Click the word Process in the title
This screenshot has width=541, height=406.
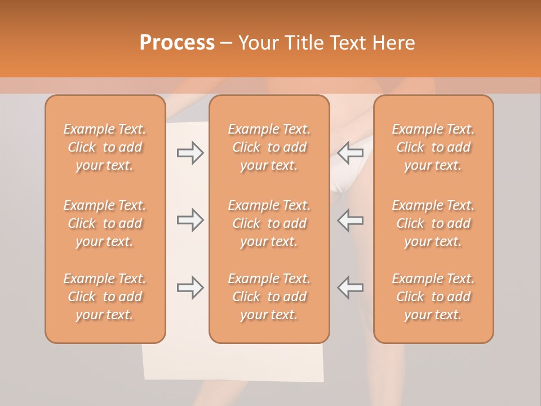pos(177,43)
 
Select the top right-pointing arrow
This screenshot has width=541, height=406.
pos(190,153)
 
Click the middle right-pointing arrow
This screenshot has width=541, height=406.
pos(190,220)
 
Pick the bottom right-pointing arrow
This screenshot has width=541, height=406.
pos(190,288)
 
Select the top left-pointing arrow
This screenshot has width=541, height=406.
pos(350,153)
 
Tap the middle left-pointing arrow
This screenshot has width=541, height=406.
pos(350,220)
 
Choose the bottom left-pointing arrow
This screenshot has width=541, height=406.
pos(350,288)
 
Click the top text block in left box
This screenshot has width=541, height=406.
pos(105,147)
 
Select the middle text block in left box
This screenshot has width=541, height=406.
pos(105,223)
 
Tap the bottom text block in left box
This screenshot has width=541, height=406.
pos(105,297)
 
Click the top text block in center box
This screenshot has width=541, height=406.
pos(269,147)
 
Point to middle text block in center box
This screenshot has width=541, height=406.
pos(269,223)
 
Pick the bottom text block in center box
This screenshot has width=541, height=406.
pos(269,297)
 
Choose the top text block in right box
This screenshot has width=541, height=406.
pos(433,147)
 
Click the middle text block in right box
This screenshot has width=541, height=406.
pos(433,223)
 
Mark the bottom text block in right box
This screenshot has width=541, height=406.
pos(433,297)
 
